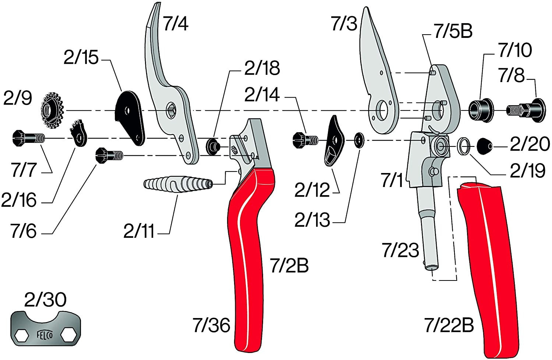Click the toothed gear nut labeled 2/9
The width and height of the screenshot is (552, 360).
52,110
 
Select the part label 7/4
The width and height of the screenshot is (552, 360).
176,24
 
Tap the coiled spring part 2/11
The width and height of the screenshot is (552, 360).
178,183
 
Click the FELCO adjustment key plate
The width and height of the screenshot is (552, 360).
46,328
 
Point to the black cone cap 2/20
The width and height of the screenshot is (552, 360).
485,147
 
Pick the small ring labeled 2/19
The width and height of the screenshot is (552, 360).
464,146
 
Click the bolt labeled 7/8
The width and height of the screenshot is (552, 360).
526,110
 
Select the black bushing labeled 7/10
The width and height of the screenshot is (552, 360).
481,110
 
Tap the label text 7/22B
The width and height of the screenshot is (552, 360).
449,325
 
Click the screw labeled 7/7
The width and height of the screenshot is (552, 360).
28,138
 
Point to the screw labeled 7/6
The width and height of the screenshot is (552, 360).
109,155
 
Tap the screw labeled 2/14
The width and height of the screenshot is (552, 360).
305,140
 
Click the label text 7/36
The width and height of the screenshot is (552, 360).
211,325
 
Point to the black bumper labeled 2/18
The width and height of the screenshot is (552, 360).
213,147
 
